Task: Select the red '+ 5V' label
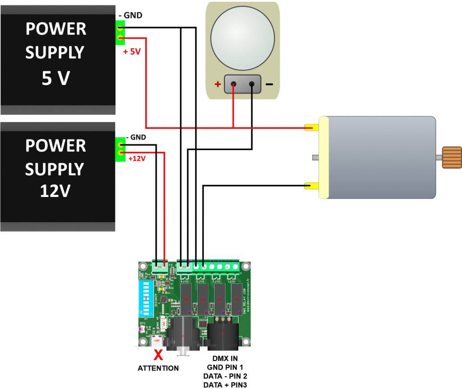(132, 52)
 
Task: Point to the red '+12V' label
(137, 159)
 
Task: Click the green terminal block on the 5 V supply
(120, 34)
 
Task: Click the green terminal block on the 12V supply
(120, 149)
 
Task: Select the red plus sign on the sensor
(218, 84)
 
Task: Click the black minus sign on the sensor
(269, 84)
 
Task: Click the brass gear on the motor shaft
(452, 157)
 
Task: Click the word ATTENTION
(158, 368)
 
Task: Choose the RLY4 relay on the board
(185, 299)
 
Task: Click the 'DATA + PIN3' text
(225, 384)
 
